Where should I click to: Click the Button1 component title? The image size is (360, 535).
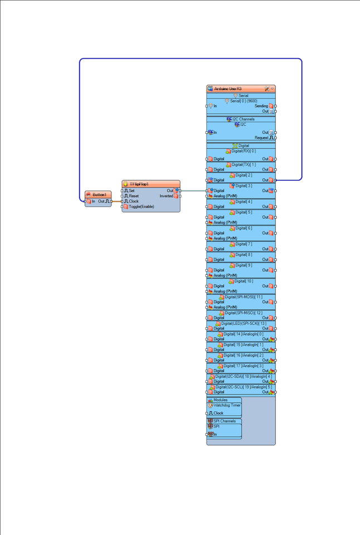(99, 194)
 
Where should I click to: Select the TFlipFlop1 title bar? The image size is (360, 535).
(143, 183)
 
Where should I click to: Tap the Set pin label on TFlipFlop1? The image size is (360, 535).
(132, 191)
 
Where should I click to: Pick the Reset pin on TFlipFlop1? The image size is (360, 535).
(134, 196)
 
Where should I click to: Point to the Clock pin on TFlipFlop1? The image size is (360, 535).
(134, 201)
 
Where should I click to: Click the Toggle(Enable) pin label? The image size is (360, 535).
(142, 207)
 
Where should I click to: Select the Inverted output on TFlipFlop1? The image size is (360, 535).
(167, 196)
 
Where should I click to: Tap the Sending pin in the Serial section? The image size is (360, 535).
(261, 106)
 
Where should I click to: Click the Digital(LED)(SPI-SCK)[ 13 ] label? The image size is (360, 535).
(244, 323)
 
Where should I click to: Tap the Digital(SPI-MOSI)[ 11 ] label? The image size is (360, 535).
(244, 297)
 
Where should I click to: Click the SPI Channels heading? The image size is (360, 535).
(225, 421)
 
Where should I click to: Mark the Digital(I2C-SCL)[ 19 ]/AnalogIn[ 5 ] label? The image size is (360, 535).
(244, 387)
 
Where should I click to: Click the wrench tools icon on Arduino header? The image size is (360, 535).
(267, 89)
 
